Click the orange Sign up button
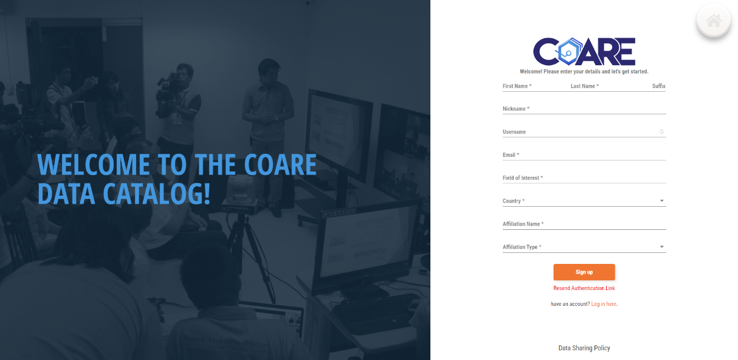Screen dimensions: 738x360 pos(584,272)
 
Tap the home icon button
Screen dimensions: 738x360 pos(714,21)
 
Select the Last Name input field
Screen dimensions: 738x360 pos(605,86)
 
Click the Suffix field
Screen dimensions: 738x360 pos(658,86)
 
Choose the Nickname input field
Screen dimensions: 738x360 pos(584,109)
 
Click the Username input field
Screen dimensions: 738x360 pos(580,132)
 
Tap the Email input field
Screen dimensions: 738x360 pos(584,155)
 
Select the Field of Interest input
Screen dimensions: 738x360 pos(584,178)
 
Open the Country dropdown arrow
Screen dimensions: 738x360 pos(661,201)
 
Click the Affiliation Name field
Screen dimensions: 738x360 pos(584,224)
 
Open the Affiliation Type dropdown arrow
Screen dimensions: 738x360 pos(661,247)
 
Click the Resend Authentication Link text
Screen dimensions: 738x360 pos(584,288)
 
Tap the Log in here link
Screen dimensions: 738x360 pos(603,304)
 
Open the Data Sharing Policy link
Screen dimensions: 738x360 pos(584,348)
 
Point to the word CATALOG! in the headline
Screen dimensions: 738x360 pos(156,193)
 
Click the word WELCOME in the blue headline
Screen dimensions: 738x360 pos(94,164)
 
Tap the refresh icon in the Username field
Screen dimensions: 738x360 pos(661,132)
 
